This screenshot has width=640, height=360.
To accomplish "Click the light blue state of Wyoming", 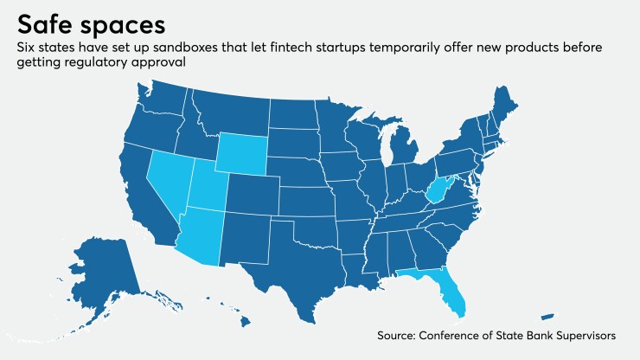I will pyautogui.click(x=242, y=155).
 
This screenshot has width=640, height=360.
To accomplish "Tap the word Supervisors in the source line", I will pyautogui.click(x=584, y=334).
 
